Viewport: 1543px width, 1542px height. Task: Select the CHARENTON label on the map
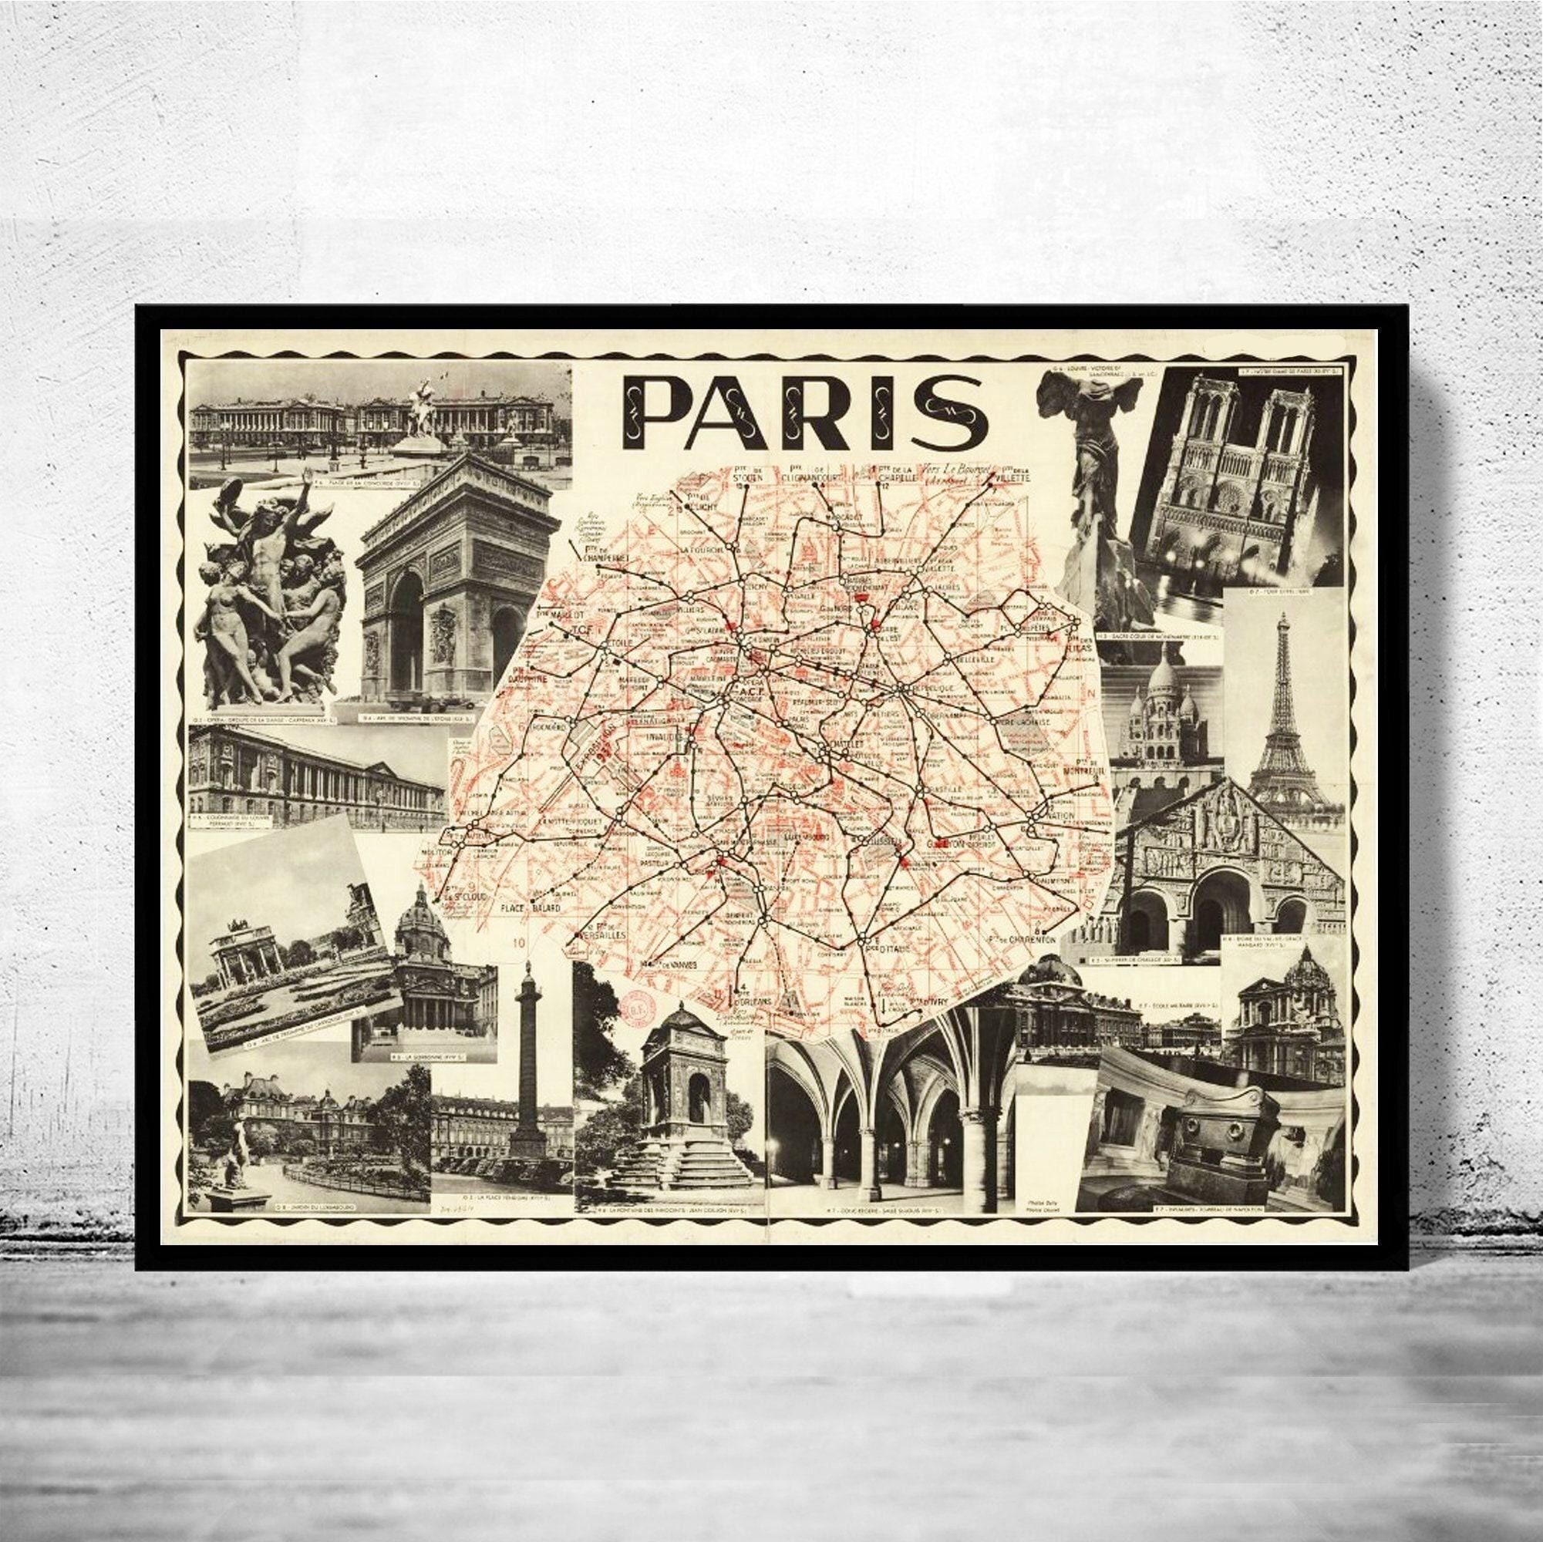1027,940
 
